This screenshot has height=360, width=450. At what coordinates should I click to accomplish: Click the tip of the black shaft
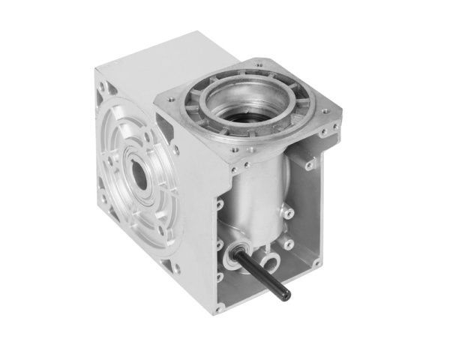(x=286, y=291)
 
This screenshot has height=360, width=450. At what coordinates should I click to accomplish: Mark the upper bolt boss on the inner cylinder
(x=289, y=214)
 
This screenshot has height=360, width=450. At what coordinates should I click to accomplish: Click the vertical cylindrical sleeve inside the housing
(x=259, y=199)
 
